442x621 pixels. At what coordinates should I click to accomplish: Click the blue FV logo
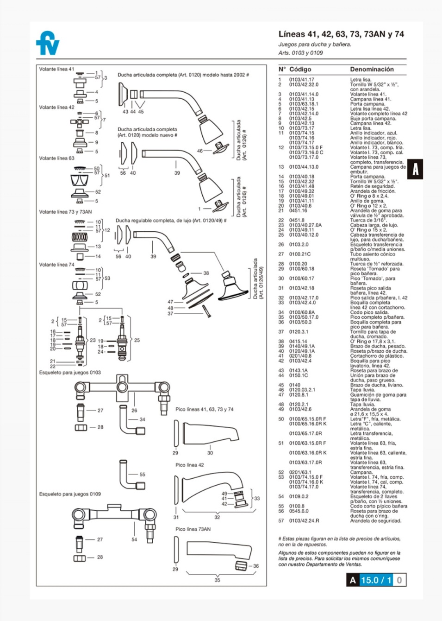click(x=48, y=43)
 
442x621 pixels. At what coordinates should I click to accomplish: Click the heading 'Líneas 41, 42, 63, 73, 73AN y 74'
click(x=341, y=34)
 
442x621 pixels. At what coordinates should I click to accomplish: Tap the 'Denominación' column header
click(x=372, y=70)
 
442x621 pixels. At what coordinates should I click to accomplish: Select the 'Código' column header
click(x=300, y=70)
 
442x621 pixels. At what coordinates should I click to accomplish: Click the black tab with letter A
click(x=415, y=169)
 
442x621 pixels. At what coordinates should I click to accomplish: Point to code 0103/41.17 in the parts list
click(x=301, y=80)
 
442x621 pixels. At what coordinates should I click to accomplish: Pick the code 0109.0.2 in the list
click(x=299, y=496)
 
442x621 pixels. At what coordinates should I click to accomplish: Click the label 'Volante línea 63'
click(x=56, y=158)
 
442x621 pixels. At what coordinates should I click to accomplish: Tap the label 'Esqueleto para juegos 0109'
click(x=70, y=494)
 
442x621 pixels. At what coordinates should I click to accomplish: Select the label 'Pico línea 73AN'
click(x=193, y=529)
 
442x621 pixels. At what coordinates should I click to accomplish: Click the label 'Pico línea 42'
click(x=189, y=465)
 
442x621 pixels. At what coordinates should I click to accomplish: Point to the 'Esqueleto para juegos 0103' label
click(x=70, y=373)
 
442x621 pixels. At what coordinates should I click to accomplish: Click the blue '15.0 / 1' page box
click(x=376, y=580)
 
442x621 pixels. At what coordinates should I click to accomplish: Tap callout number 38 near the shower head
click(x=206, y=273)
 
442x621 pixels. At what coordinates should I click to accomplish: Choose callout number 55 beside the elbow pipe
click(x=142, y=475)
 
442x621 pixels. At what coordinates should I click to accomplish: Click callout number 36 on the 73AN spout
click(x=256, y=566)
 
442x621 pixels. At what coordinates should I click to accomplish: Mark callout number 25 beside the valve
click(x=137, y=340)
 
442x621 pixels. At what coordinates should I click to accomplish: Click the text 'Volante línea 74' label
click(x=56, y=265)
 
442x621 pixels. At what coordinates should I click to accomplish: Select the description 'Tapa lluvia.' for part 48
click(x=362, y=405)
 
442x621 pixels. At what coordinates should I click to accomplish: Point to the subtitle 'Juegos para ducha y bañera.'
click(x=314, y=44)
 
